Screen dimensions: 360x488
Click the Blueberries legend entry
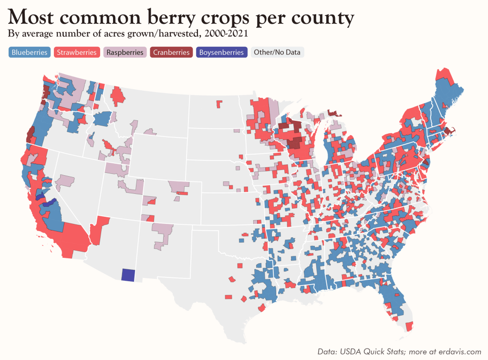[30, 53]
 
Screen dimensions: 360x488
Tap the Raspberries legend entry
[125, 53]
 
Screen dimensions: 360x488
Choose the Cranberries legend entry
[171, 53]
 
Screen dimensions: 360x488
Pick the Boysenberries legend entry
[221, 53]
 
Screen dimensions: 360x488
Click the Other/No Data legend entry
[277, 53]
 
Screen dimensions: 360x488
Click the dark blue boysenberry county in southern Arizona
[128, 275]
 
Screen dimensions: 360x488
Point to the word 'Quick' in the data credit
[376, 352]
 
